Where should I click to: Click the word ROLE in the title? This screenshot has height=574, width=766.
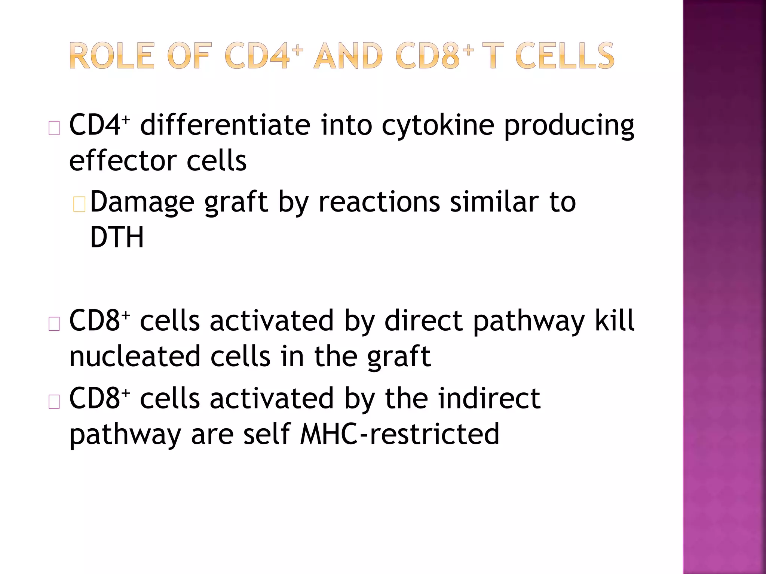111,56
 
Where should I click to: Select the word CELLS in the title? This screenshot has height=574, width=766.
564,56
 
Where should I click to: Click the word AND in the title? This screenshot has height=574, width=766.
348,56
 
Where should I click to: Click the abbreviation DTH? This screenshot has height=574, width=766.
117,237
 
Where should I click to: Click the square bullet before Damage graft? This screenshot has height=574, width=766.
79,205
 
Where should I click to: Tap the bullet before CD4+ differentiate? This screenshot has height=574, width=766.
54,128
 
